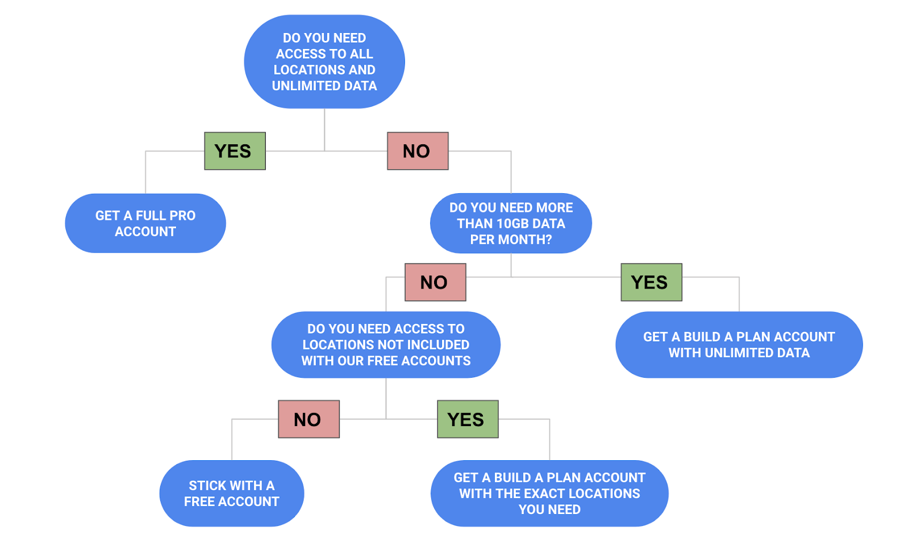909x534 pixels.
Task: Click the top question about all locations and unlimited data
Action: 324,61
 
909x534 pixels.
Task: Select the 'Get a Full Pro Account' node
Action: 145,223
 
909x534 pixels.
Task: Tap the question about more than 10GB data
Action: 511,223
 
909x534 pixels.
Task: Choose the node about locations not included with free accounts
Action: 386,345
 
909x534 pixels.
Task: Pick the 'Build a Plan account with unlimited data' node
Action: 739,345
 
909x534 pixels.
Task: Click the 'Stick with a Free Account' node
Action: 232,493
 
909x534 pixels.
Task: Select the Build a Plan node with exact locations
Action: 549,493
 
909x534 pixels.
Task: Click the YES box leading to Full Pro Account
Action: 235,151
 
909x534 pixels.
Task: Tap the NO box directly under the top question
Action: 418,151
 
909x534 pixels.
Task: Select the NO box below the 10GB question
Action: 435,282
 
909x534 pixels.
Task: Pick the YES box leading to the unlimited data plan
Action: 651,282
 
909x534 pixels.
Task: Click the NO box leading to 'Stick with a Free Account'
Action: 308,419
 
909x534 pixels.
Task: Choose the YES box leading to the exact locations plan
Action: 468,419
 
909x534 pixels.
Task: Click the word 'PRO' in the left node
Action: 182,216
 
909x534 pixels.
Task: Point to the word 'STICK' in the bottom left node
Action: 207,486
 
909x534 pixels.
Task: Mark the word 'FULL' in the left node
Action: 151,216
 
